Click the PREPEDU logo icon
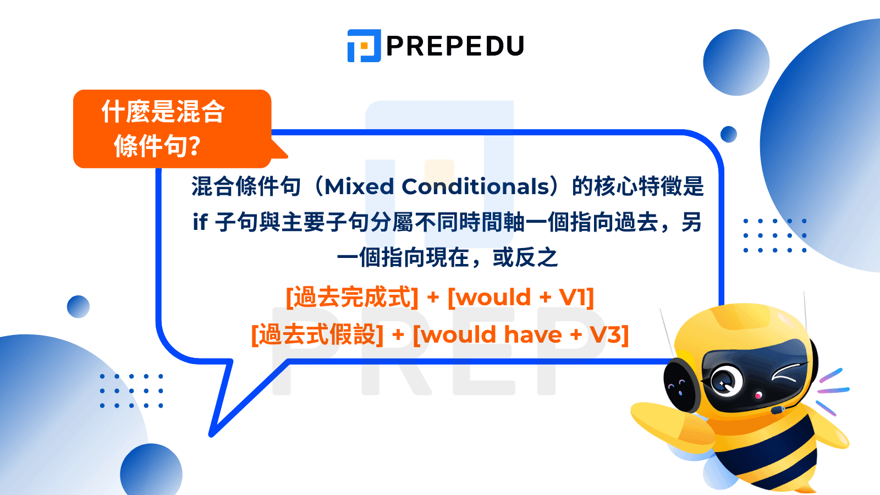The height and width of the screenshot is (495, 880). tap(364, 46)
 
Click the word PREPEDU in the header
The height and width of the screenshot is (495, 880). tap(455, 46)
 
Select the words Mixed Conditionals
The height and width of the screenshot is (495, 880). tap(437, 187)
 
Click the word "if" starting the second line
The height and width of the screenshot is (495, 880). tap(200, 223)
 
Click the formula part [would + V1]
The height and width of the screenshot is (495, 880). tap(521, 298)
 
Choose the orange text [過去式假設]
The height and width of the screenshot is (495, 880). tap(317, 334)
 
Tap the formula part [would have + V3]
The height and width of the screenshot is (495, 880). tap(521, 334)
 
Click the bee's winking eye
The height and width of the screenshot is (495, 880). tap(785, 374)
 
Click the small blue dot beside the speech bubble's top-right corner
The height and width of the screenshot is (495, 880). tap(729, 134)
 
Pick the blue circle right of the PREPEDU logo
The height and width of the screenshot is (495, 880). tap(736, 62)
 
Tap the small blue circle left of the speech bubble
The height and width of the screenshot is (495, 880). tap(78, 307)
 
